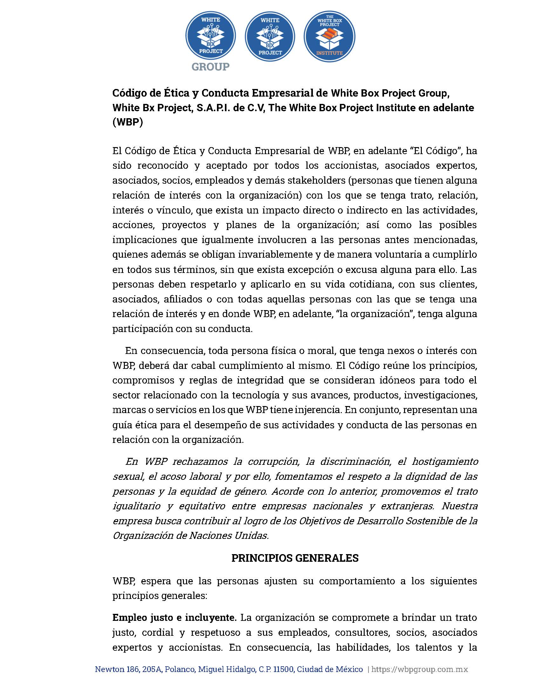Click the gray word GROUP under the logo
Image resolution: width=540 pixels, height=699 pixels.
tap(211, 67)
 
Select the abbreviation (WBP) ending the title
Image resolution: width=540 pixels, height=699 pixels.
tap(127, 123)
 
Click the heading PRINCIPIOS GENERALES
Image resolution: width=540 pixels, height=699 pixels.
tap(295, 558)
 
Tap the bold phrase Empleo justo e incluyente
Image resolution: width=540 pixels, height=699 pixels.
tap(174, 618)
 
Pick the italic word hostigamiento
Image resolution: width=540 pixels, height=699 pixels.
tap(445, 462)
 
